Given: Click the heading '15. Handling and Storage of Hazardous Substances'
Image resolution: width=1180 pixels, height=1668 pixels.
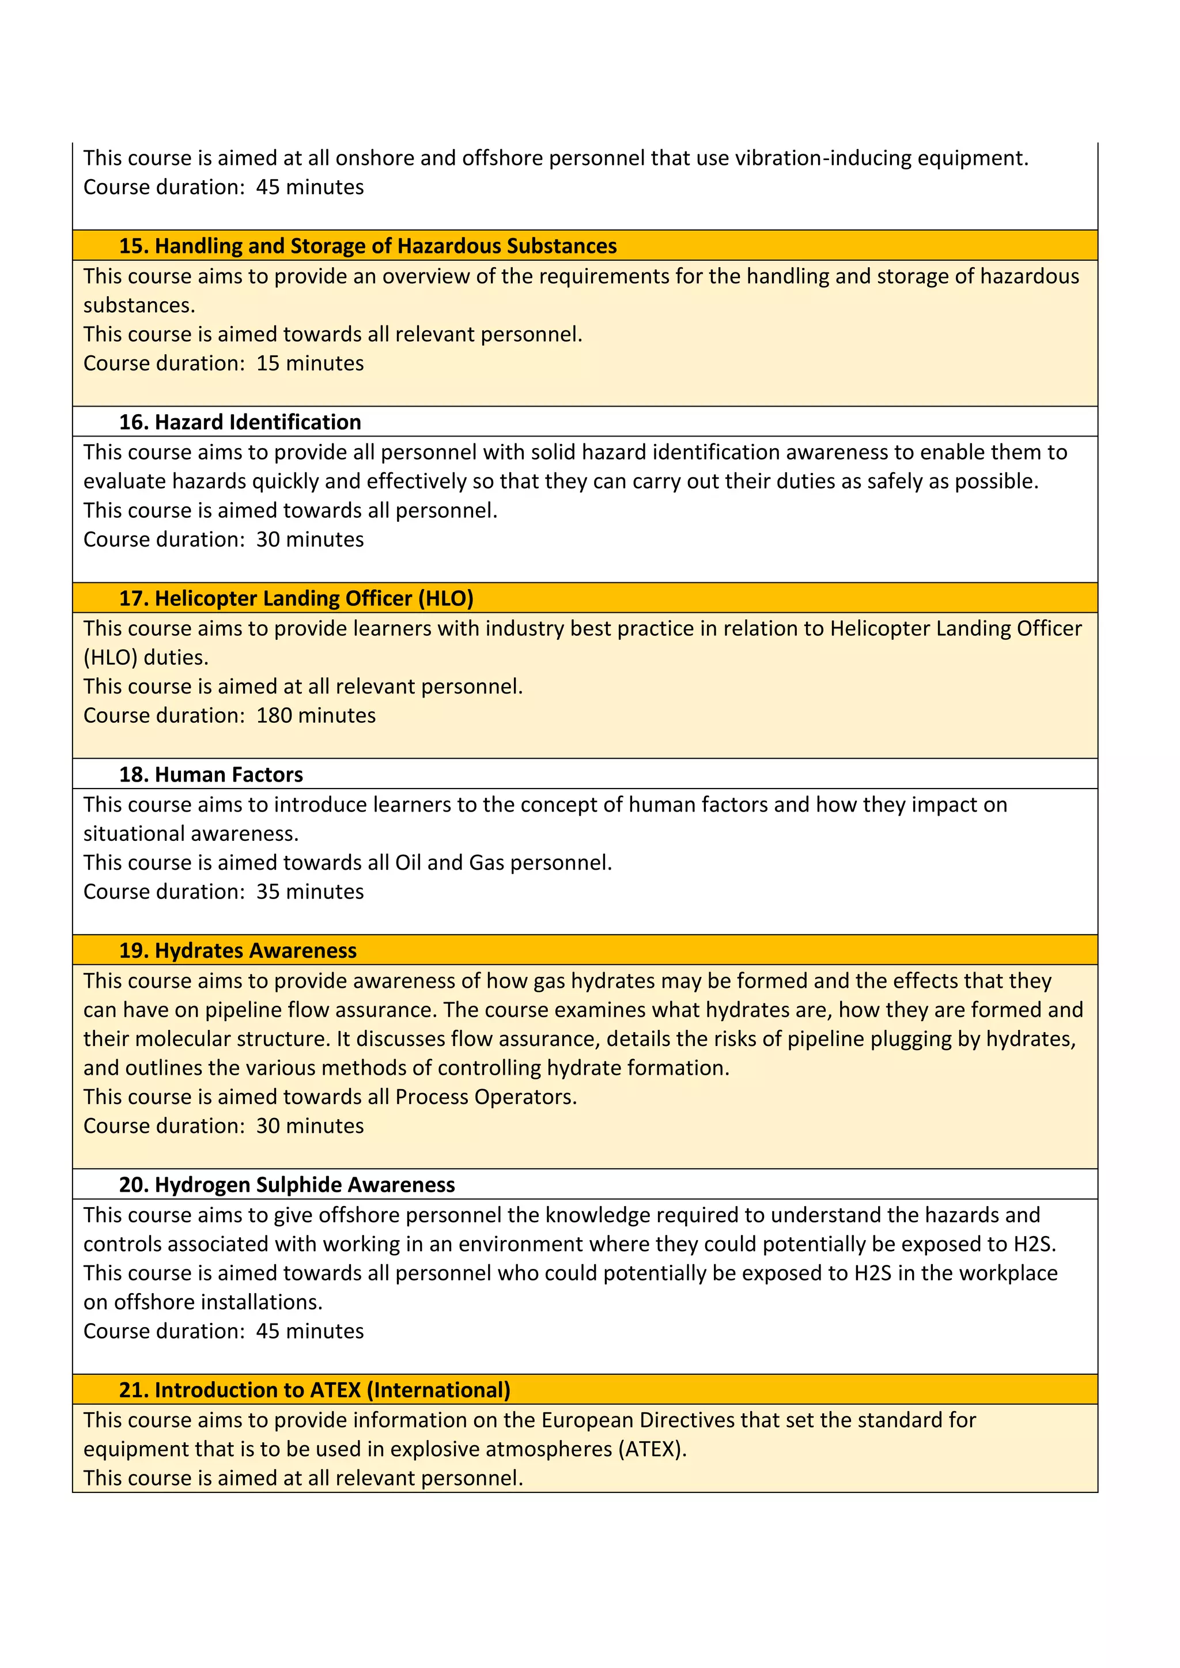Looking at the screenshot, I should (368, 247).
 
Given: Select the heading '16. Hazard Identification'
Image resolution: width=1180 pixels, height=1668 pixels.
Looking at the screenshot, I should (240, 422).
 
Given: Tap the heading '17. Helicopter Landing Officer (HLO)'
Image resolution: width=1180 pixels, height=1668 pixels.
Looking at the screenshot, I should (297, 598).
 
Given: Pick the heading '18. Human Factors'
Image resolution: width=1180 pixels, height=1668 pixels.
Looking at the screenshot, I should (211, 775).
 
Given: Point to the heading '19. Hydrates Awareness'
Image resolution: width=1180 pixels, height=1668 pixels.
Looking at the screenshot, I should (237, 950).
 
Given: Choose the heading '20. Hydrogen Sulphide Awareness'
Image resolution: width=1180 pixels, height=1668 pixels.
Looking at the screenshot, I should (287, 1185).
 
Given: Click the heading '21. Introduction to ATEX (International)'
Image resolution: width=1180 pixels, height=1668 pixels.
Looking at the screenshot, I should (315, 1390).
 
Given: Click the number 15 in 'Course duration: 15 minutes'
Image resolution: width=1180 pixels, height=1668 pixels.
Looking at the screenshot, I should (267, 363).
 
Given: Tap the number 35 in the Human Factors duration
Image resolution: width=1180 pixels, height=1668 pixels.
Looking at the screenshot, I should (267, 892).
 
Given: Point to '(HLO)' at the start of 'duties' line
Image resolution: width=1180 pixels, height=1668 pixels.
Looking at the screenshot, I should (111, 657).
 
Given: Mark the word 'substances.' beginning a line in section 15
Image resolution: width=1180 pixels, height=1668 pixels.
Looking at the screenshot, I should (139, 305).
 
